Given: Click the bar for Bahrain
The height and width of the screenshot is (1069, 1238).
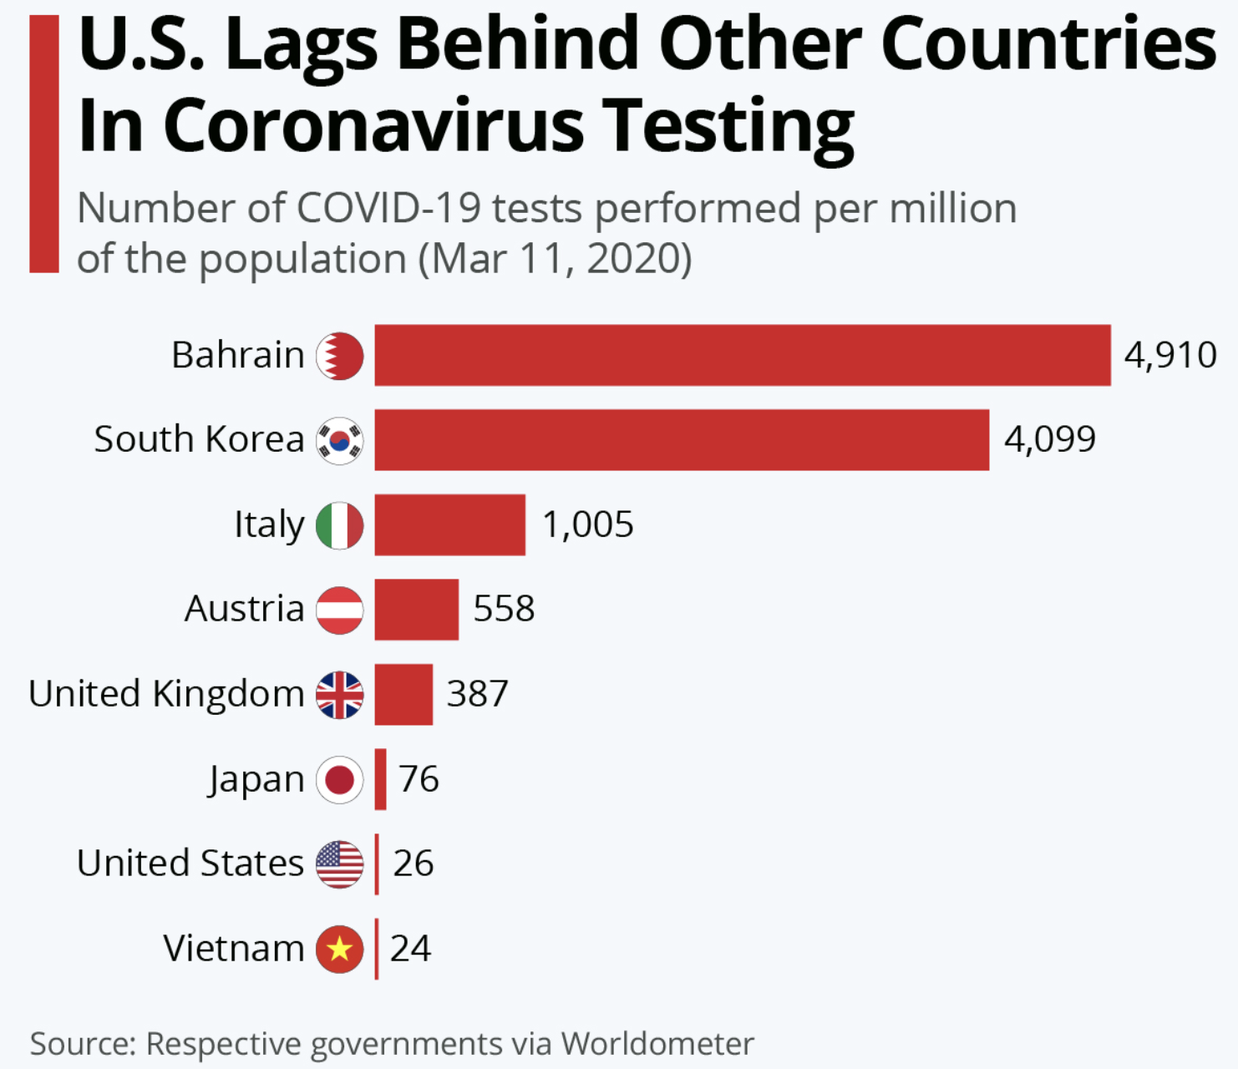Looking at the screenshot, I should click(742, 356).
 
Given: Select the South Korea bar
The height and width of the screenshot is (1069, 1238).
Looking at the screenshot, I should click(681, 440).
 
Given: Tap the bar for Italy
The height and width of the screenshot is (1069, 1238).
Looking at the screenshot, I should click(449, 524).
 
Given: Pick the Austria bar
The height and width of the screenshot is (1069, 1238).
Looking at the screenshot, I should click(416, 610).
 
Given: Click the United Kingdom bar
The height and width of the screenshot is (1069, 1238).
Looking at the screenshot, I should click(403, 694).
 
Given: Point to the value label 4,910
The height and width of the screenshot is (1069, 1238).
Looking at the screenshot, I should click(1170, 356).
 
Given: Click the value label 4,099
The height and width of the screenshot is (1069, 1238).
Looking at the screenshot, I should click(1049, 439).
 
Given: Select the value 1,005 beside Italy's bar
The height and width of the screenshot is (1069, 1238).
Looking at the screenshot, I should click(587, 524).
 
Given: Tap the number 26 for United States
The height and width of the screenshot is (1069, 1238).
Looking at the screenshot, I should click(413, 864).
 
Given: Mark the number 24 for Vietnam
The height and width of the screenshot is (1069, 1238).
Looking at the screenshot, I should click(410, 949).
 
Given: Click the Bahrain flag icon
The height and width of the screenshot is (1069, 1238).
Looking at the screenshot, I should click(339, 356).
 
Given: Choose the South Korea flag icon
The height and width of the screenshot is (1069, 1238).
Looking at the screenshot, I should click(339, 440).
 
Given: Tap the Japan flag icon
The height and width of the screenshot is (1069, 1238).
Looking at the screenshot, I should click(339, 779).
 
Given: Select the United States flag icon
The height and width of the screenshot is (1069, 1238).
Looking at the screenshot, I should click(339, 864).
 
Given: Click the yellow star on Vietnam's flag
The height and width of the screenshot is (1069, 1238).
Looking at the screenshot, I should click(339, 949).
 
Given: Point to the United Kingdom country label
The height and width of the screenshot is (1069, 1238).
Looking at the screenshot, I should click(166, 694).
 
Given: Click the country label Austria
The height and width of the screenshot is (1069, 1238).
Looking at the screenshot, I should click(244, 610).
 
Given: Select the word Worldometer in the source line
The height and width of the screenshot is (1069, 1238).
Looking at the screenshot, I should click(657, 1044).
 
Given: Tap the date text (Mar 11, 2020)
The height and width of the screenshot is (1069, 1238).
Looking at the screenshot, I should click(556, 259).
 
